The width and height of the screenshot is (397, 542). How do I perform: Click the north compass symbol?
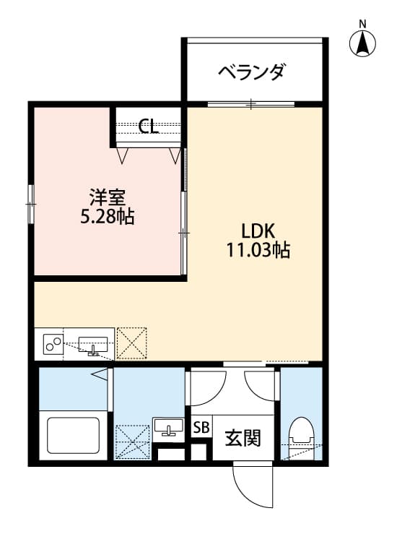(x=363, y=44)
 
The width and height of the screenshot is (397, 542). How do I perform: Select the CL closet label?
(x=149, y=127)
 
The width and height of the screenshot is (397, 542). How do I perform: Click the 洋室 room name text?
(x=108, y=196)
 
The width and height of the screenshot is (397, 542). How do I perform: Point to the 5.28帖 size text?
(x=108, y=216)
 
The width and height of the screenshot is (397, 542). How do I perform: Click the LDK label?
(x=258, y=231)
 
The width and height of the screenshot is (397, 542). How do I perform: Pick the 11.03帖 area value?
(x=258, y=251)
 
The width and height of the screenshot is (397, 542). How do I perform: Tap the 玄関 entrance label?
(x=242, y=438)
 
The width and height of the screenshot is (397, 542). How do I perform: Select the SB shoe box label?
(x=201, y=427)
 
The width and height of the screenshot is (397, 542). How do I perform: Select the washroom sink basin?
(x=169, y=427)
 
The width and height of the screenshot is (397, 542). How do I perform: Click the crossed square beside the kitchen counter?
(x=131, y=343)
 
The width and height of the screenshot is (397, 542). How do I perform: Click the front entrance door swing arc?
(x=253, y=483)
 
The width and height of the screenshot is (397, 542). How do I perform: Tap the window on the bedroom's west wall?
(x=32, y=204)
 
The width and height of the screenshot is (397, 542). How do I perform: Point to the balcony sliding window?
(x=251, y=105)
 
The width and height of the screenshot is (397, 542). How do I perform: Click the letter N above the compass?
(x=363, y=24)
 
